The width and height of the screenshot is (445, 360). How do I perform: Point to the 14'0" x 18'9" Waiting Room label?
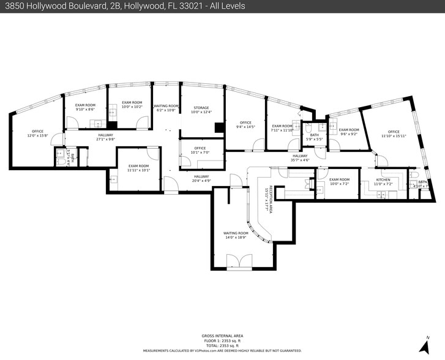[x=235, y=235]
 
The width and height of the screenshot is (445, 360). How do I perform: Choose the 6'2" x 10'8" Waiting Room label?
[x=165, y=108]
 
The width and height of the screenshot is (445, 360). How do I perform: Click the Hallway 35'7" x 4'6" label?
[x=299, y=158]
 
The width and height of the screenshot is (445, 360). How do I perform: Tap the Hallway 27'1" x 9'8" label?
[x=105, y=137]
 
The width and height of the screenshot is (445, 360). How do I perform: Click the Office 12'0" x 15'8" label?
[x=37, y=133]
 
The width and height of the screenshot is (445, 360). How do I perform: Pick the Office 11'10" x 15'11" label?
[x=394, y=134]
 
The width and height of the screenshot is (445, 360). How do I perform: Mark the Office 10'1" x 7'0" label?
[x=200, y=150]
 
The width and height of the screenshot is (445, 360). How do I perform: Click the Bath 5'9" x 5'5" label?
[x=314, y=137]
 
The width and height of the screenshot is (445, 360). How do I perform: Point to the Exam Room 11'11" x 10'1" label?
[x=138, y=168]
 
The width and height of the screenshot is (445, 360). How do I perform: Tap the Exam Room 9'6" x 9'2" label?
[x=348, y=132]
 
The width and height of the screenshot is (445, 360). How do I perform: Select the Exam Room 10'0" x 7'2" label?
[x=339, y=182]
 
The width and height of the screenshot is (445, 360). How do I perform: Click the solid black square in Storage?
[x=219, y=127]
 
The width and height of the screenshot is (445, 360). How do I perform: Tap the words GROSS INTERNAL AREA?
[x=222, y=336]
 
